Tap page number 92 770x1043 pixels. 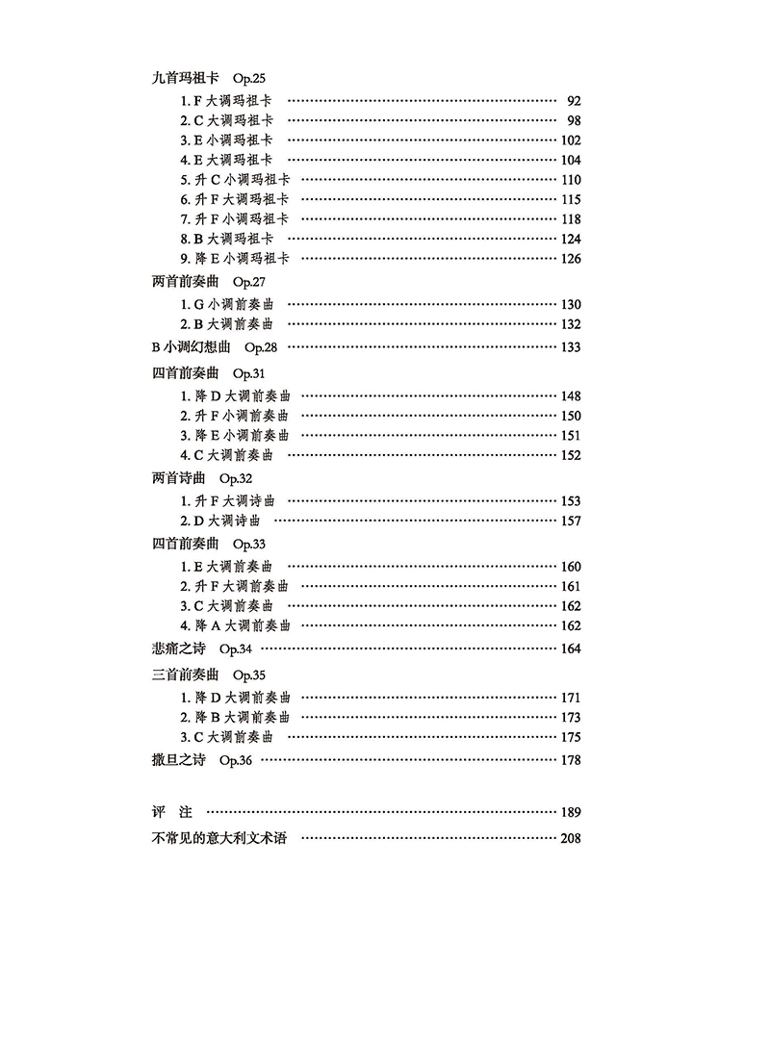pos(574,100)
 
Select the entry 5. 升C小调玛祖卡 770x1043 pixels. pos(235,180)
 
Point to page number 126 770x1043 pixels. pos(570,259)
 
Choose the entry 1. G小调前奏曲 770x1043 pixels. pos(226,305)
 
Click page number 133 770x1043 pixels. pos(570,347)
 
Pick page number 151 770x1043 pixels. pos(570,435)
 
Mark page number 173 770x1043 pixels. pos(570,718)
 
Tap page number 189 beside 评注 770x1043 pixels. pos(570,813)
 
